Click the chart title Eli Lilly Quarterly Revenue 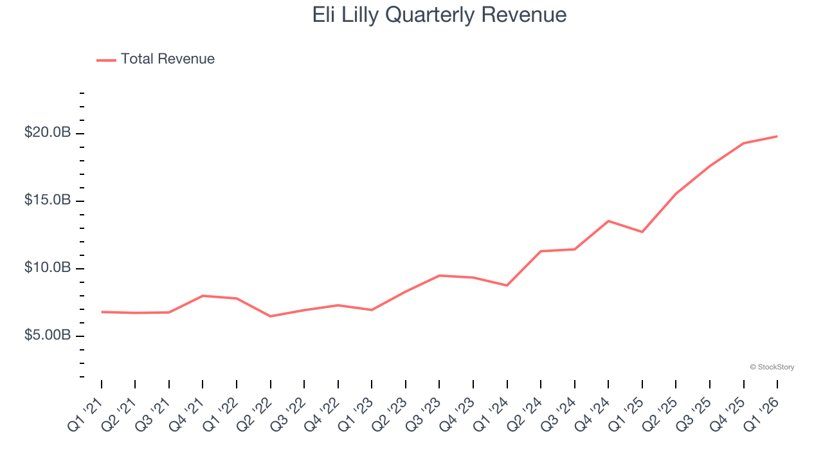pos(439,15)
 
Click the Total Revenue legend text pos(167,59)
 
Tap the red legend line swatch pos(106,60)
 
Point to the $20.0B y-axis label pos(48,133)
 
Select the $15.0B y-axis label pos(48,201)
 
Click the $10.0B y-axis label pos(48,268)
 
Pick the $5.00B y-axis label pos(48,336)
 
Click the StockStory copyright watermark pos(772,367)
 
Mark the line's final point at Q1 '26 pos(777,136)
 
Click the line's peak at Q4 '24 pos(608,221)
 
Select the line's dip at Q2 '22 pos(270,316)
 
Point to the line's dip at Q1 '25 pos(642,232)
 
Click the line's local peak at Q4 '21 pos(203,296)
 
